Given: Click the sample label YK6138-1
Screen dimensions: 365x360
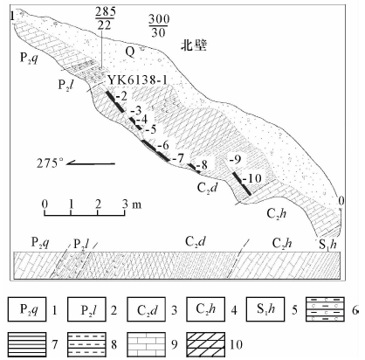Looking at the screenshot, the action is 137,80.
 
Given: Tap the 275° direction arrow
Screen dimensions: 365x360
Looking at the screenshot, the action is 91,163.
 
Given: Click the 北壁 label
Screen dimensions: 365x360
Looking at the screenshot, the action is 194,45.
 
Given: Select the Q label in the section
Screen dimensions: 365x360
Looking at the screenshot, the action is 130,52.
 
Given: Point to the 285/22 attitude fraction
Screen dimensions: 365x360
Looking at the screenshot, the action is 105,18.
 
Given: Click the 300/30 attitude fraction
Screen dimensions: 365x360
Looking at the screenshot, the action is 159,25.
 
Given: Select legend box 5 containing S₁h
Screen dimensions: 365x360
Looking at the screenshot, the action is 265,309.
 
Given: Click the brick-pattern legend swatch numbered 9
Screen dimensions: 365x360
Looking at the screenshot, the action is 146,344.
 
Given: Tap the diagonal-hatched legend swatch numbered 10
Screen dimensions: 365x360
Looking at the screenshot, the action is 206,344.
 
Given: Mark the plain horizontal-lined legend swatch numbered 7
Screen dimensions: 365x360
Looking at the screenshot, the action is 27,344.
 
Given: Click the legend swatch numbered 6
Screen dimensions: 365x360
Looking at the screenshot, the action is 325,309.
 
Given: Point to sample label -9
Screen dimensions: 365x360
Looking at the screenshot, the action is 235,159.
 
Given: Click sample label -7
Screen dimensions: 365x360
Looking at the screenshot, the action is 178,158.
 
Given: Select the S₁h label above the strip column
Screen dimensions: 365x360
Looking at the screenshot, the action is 327,244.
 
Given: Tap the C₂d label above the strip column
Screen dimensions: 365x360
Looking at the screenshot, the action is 196,242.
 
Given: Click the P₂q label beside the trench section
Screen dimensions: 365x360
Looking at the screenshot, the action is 29,58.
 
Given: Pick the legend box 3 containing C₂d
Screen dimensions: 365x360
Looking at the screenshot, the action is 146,309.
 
